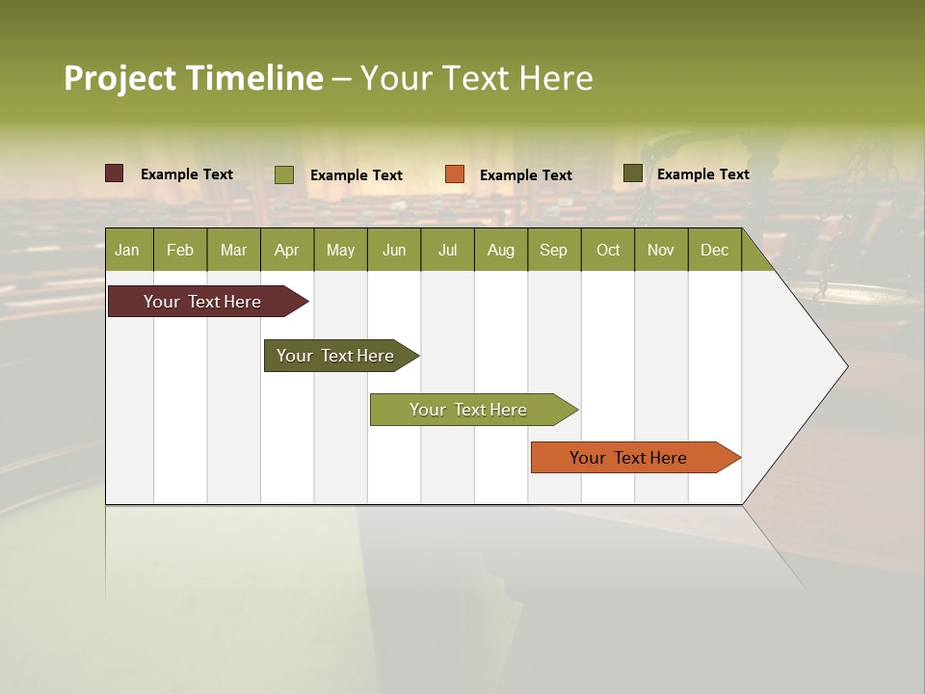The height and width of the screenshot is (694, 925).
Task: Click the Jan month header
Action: [127, 250]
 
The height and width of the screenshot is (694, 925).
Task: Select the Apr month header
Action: [286, 250]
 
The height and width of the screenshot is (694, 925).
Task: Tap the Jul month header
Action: [447, 250]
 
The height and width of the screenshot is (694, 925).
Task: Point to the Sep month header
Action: [553, 250]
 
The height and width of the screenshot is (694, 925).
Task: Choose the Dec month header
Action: [714, 250]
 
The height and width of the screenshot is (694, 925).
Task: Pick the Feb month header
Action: [180, 250]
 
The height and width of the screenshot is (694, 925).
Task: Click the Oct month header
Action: [608, 250]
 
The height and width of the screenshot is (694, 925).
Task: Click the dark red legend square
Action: [115, 173]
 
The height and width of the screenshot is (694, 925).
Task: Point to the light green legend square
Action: [284, 174]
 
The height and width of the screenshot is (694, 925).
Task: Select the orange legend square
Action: [455, 174]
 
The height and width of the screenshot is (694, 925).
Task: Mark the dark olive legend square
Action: [633, 173]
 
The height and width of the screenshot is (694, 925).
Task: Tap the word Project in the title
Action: [119, 78]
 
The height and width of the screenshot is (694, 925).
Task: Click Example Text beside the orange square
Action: [525, 174]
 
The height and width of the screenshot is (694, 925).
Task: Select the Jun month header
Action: [394, 250]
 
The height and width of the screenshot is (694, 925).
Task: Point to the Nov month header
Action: [661, 250]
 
